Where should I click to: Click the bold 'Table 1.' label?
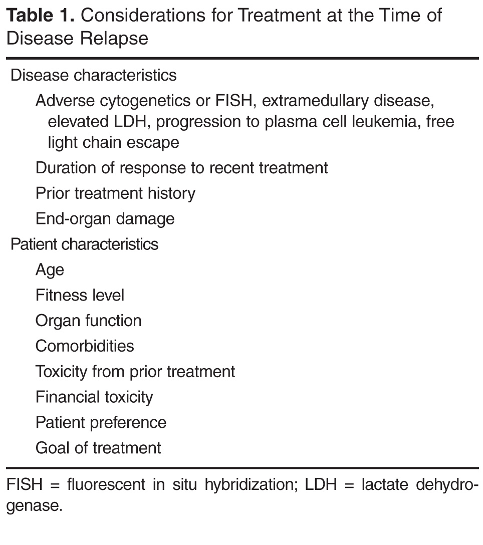click(x=41, y=16)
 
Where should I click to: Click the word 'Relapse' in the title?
click(x=114, y=38)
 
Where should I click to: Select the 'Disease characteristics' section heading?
click(x=94, y=75)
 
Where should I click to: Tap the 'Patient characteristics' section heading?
click(x=85, y=244)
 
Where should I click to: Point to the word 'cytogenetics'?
click(x=145, y=101)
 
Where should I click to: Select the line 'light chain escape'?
click(x=113, y=142)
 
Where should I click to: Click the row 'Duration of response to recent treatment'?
click(x=181, y=168)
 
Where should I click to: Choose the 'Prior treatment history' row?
click(x=115, y=193)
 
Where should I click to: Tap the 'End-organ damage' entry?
click(x=105, y=219)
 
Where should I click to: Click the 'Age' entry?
click(x=50, y=270)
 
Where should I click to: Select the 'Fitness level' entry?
click(x=80, y=295)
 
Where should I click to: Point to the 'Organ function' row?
click(x=89, y=321)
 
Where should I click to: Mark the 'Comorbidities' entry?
click(x=85, y=346)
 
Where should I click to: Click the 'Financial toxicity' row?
click(x=94, y=397)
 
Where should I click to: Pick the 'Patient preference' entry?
click(x=101, y=422)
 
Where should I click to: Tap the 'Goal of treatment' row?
click(x=98, y=448)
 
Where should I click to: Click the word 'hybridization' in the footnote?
click(x=252, y=484)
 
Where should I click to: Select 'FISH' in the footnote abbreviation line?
click(x=25, y=484)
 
